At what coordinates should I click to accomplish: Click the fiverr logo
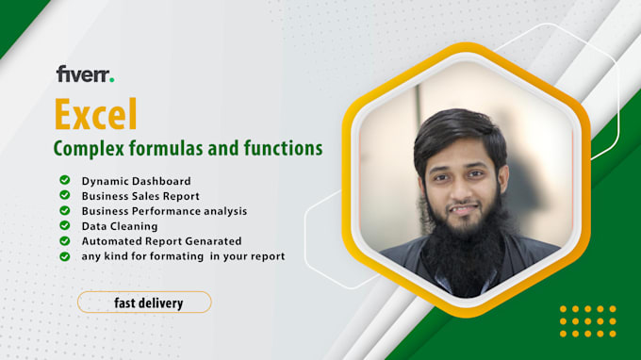(x=85, y=74)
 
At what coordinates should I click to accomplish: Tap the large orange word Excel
(x=95, y=114)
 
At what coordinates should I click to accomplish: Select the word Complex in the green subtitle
(x=86, y=148)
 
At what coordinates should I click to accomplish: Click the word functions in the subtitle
(x=282, y=148)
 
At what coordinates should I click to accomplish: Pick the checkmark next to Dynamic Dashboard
(x=64, y=180)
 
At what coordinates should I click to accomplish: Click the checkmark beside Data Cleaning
(x=64, y=225)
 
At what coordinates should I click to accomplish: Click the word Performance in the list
(x=171, y=210)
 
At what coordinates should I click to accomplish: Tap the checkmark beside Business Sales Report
(x=64, y=195)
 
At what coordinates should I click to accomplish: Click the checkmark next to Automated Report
(x=64, y=240)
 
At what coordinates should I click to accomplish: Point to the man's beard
(x=464, y=254)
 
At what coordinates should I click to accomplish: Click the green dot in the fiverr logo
(x=112, y=79)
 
